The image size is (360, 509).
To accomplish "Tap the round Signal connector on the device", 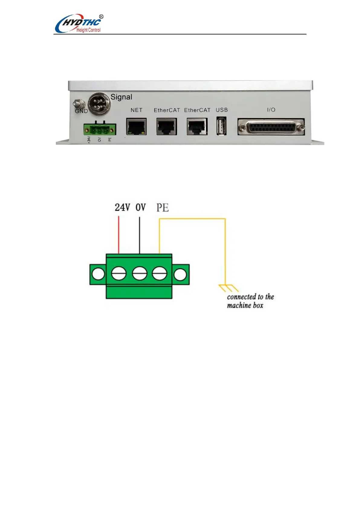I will (x=99, y=103).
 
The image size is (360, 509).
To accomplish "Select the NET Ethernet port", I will (x=136, y=126).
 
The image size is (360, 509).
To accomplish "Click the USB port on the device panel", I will (x=221, y=126).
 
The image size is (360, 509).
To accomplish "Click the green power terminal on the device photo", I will (x=100, y=129).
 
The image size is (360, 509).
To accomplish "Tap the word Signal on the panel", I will (x=121, y=97).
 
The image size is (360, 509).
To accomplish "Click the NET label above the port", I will (x=136, y=110).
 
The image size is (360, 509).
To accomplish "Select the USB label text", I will (x=222, y=110).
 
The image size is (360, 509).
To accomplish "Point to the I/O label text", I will (x=271, y=110).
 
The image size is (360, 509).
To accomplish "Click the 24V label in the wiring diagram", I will (x=122, y=207).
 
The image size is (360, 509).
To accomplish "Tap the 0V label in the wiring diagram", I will (x=141, y=207).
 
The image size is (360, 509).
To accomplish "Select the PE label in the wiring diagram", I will (x=162, y=208).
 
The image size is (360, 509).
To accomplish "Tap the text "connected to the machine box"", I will (x=250, y=301).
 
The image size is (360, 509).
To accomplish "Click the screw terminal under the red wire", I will (x=118, y=274).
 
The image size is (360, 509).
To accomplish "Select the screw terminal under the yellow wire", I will (x=159, y=274).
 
